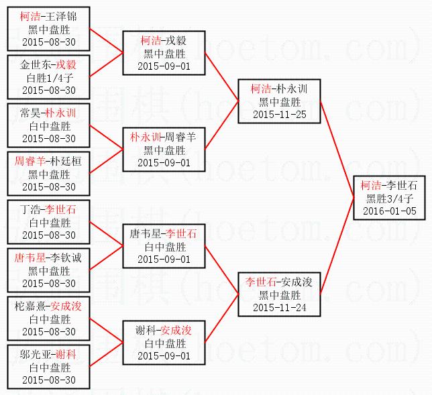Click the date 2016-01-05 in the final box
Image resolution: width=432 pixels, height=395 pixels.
[x=389, y=211]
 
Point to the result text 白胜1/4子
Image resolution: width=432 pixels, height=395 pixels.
[x=49, y=77]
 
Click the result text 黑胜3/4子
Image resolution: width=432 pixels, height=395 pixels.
[x=389, y=199]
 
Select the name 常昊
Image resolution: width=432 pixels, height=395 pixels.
[x=31, y=113]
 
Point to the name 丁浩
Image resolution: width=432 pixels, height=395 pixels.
[x=31, y=210]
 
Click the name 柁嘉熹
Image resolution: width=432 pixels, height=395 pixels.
[x=31, y=306]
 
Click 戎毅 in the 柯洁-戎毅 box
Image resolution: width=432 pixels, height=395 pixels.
[x=176, y=41]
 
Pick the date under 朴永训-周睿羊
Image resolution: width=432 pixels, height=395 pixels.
[x=164, y=162]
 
